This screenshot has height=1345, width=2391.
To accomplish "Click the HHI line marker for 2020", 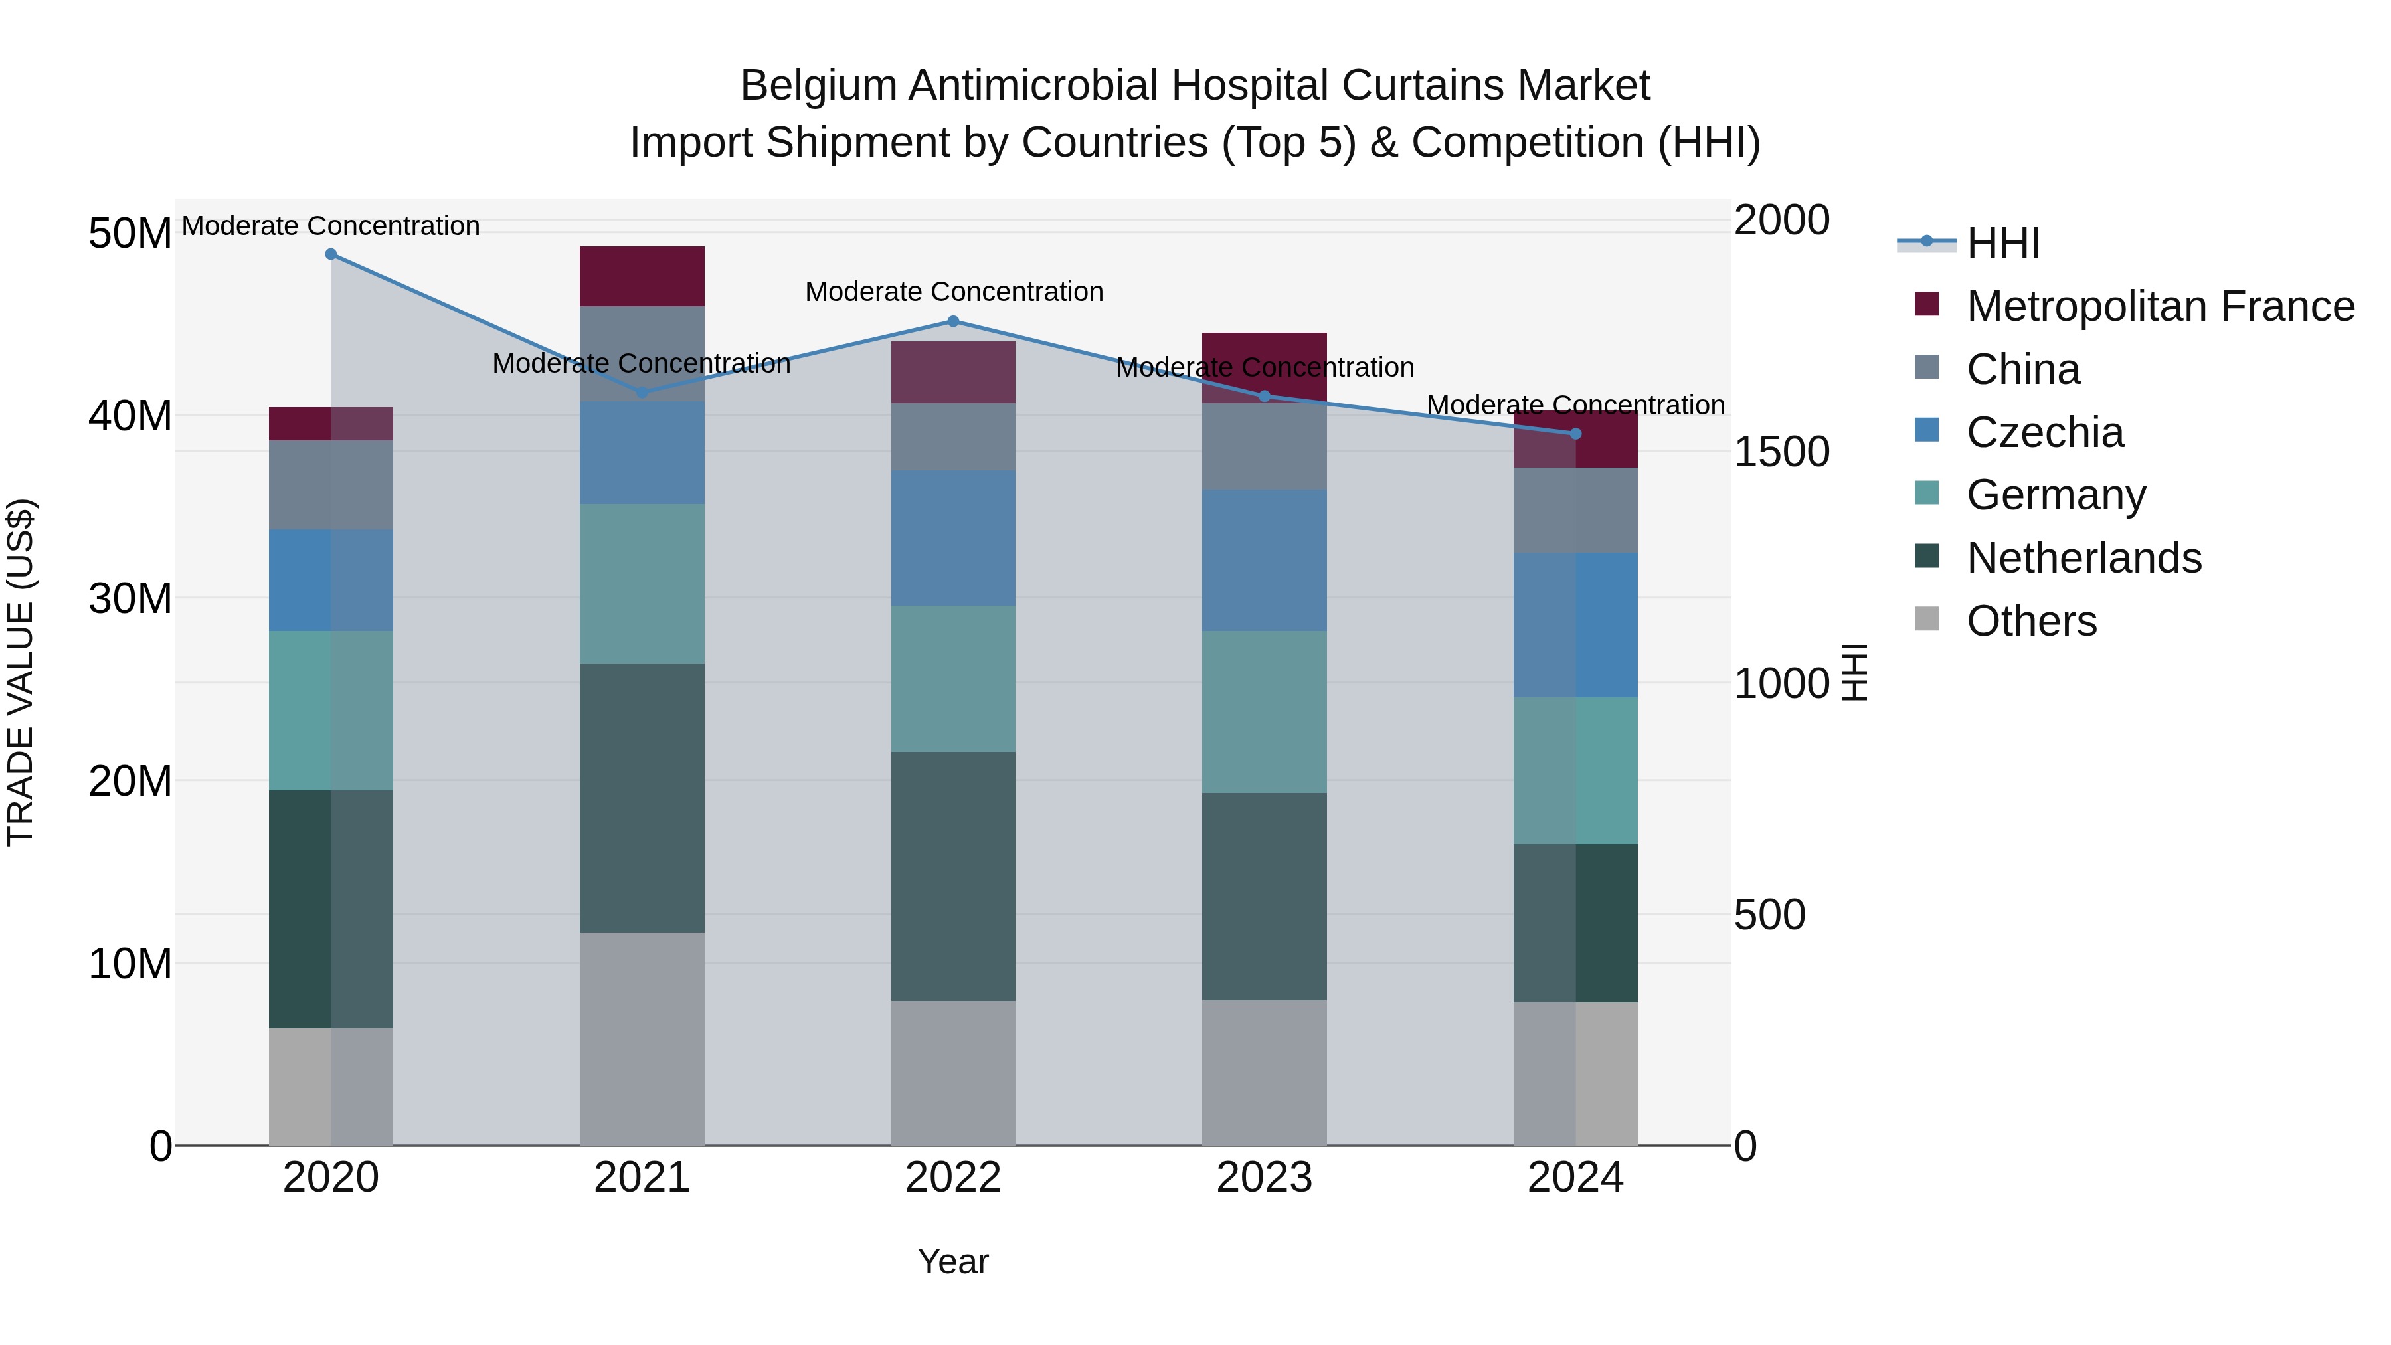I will (331, 254).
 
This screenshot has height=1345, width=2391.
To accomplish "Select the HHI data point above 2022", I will (953, 322).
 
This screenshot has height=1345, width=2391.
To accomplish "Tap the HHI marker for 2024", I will (1575, 434).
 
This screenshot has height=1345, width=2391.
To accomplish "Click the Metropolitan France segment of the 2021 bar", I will (642, 276).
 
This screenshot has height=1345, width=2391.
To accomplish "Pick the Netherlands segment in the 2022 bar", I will (953, 876).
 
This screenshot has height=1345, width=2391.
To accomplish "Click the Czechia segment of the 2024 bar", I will (1575, 625).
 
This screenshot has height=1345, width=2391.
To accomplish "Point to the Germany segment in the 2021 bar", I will (642, 584).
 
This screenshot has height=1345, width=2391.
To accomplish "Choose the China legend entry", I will (2024, 369).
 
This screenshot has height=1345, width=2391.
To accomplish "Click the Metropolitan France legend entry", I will (2160, 306).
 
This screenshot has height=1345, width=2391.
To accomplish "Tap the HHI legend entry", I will (2003, 243).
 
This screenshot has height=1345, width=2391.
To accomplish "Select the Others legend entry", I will (2031, 621).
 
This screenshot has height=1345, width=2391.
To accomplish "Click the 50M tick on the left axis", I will (130, 233).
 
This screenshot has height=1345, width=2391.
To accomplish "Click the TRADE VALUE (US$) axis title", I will (21, 672).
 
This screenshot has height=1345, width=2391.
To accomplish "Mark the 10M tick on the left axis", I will (130, 964).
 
